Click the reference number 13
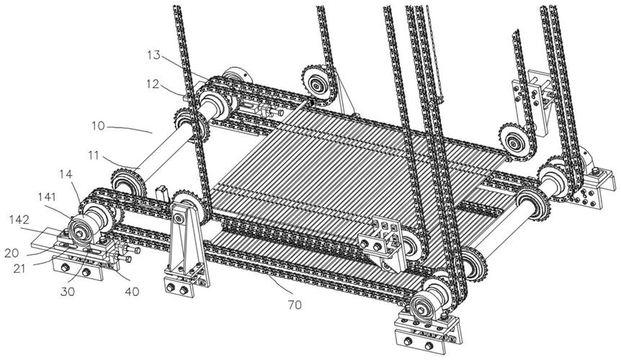(x=153, y=55)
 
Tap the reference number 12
(x=152, y=84)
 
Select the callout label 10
(x=98, y=126)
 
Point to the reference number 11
(x=93, y=156)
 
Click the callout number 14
(x=66, y=174)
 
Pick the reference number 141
(x=47, y=197)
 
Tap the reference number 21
(x=19, y=269)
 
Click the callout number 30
(x=67, y=292)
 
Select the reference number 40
(x=132, y=292)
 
